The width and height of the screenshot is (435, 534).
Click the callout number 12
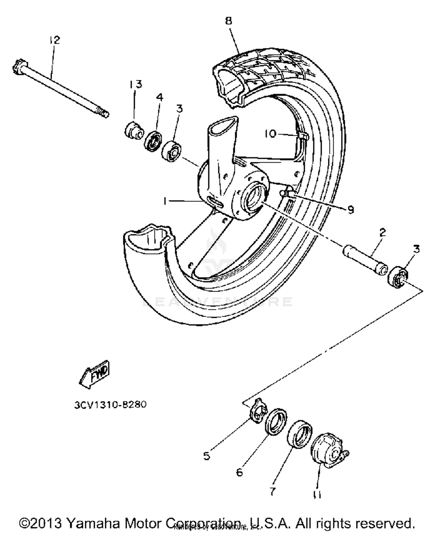coord(54,40)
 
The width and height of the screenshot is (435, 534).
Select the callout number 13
coord(135,84)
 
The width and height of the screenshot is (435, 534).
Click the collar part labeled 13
coord(134,131)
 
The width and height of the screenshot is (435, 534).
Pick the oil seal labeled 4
coord(153,141)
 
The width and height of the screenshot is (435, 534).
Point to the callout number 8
coord(229,21)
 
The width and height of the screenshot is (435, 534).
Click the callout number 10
coord(271,134)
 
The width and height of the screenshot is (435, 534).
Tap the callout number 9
coord(351,209)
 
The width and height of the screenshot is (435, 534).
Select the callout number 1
coord(165,201)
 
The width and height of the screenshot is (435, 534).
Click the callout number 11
coord(317,494)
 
